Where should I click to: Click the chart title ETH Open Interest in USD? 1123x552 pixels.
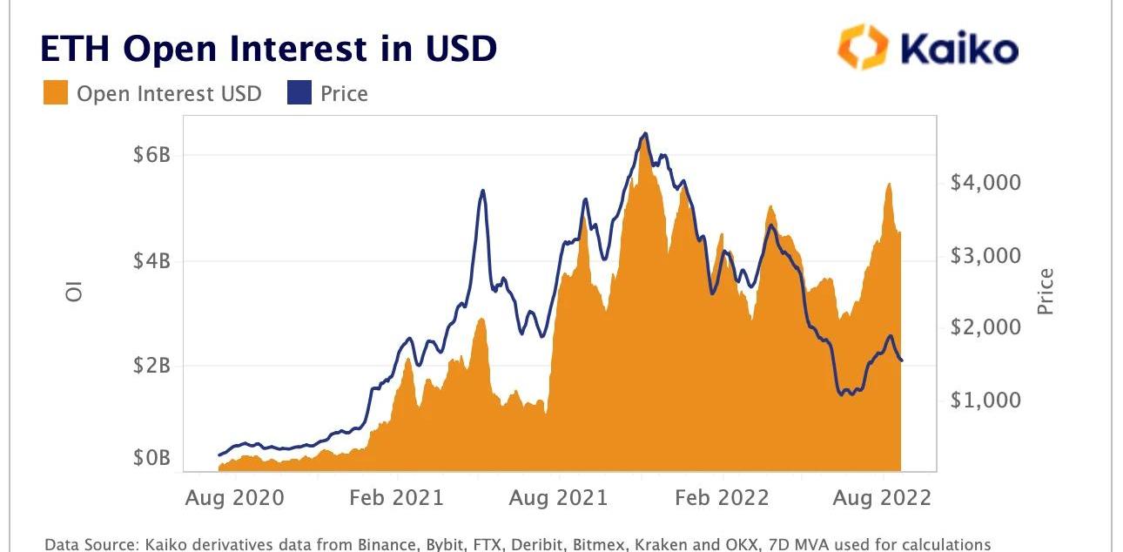pyautogui.click(x=268, y=49)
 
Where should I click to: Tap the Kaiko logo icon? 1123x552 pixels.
pyautogui.click(x=863, y=46)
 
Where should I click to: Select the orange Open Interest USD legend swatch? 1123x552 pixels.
pyautogui.click(x=56, y=93)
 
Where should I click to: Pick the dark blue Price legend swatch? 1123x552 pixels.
pyautogui.click(x=299, y=93)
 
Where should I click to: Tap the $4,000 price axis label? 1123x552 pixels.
pyautogui.click(x=985, y=183)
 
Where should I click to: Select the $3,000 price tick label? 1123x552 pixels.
pyautogui.click(x=985, y=255)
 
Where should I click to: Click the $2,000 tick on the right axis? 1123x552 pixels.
pyautogui.click(x=985, y=327)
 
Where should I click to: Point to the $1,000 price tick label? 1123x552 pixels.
pyautogui.click(x=985, y=400)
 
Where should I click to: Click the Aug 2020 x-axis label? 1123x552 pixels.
pyautogui.click(x=235, y=498)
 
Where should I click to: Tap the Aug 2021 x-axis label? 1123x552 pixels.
pyautogui.click(x=557, y=498)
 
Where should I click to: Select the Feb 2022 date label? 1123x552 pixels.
pyautogui.click(x=722, y=498)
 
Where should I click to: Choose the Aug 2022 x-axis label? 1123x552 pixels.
pyautogui.click(x=883, y=498)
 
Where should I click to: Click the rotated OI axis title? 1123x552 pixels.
pyautogui.click(x=75, y=293)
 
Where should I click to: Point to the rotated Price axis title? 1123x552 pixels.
pyautogui.click(x=1045, y=292)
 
